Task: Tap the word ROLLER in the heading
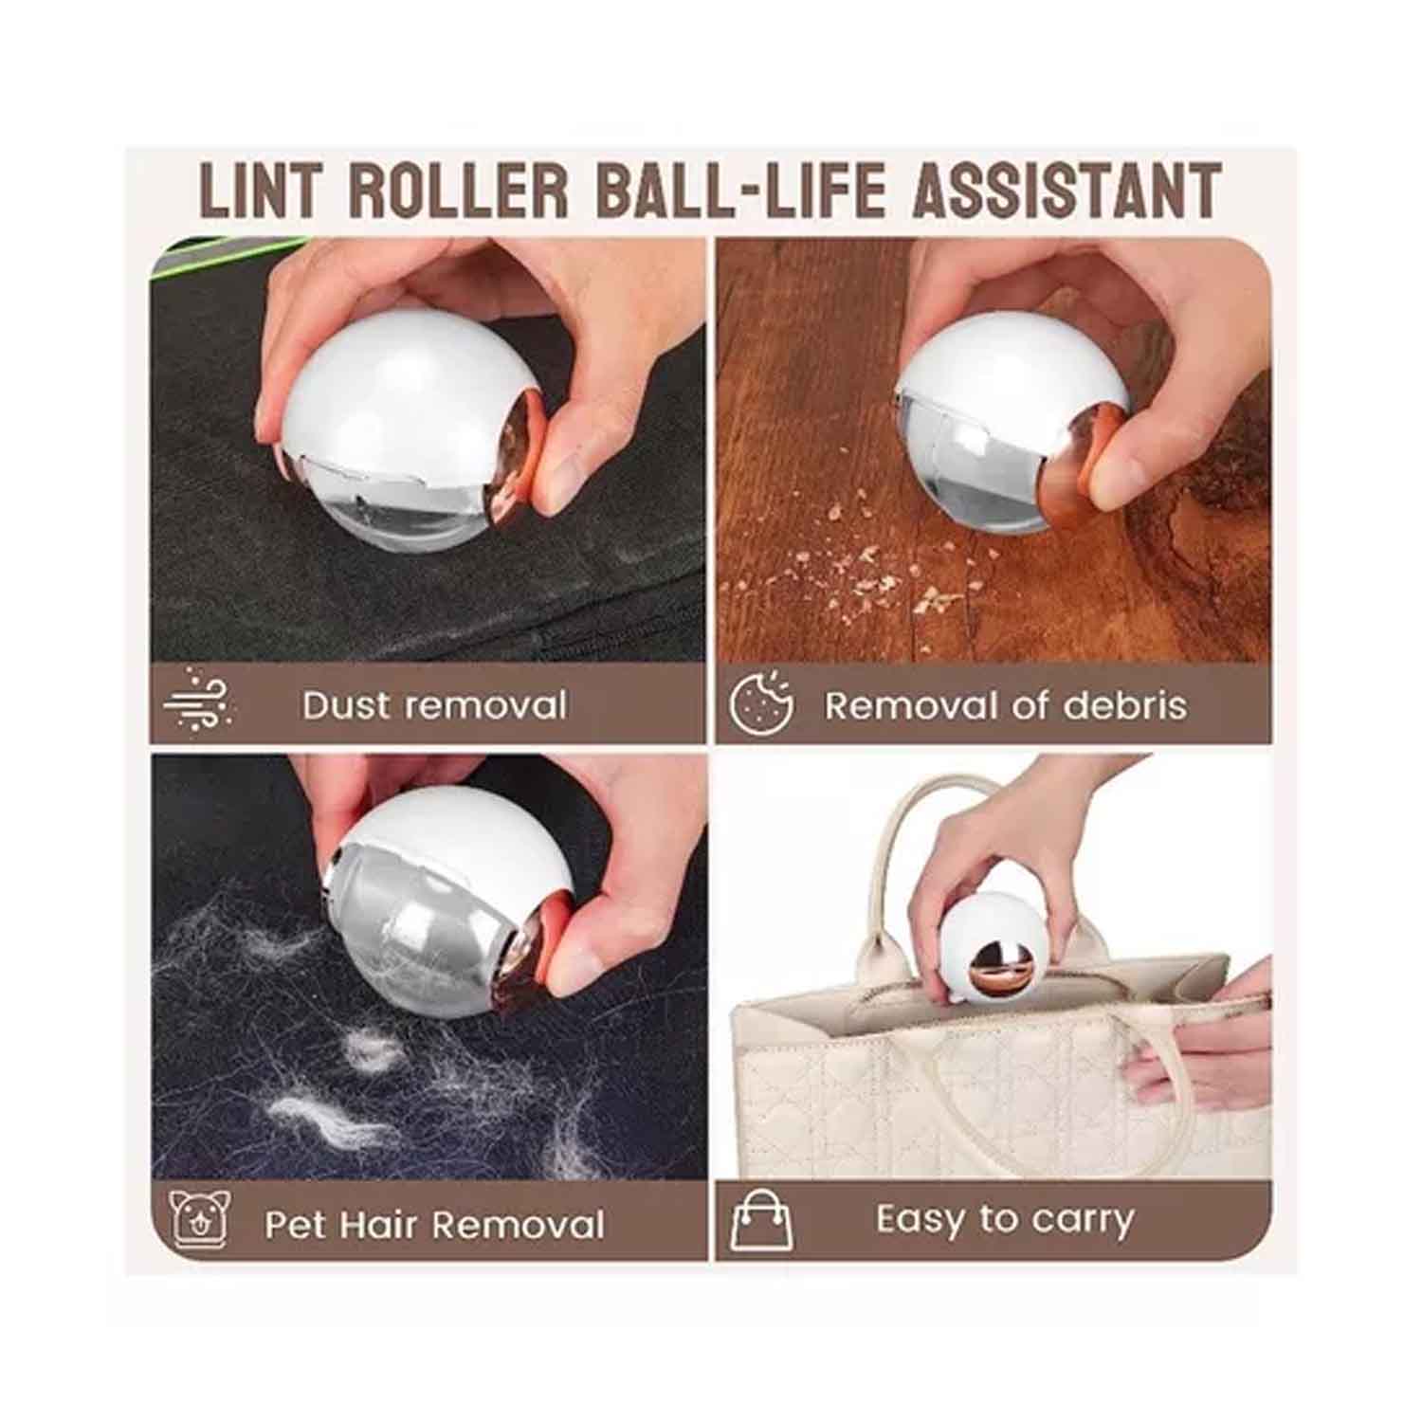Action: coord(459,191)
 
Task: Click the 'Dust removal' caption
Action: coord(434,705)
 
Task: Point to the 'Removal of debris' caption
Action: coord(1005,705)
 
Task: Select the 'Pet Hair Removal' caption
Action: coord(434,1224)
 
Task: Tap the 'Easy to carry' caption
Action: coord(1005,1220)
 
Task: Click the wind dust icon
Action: coord(198,700)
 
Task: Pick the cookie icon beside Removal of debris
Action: coord(761,702)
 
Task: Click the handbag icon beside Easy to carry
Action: coord(761,1220)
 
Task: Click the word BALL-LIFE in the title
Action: coord(739,191)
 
